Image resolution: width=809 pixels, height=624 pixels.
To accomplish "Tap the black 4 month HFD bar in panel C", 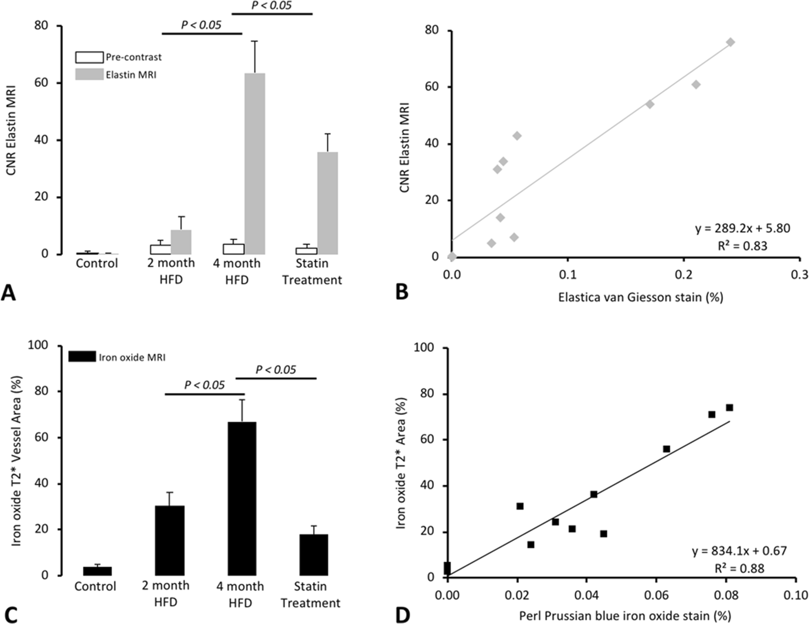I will coord(242,498).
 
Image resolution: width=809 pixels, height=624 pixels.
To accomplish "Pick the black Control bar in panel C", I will coord(97,571).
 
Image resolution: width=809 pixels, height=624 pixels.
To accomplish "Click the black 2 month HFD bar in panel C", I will coord(170,540).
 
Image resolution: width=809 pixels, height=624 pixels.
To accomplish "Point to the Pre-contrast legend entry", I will coord(118,57).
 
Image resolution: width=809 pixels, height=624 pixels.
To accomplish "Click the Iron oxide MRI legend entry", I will coord(117,357).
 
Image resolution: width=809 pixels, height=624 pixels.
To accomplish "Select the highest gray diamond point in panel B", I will coord(731,42).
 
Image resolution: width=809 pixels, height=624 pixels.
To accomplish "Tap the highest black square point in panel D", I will coord(729,407).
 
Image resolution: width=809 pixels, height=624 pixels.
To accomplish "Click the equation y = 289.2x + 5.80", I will coord(742,228).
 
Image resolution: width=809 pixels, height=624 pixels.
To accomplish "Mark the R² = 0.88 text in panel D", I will coord(739,568).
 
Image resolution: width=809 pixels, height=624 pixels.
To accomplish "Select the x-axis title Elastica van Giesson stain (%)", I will coord(640,297).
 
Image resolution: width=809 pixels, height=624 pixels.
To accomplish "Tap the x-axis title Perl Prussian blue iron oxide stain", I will coord(625,616).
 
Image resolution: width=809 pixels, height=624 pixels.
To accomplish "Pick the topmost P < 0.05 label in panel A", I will coord(271,5).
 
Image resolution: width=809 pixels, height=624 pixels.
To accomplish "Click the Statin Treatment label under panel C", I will coord(310,594).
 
